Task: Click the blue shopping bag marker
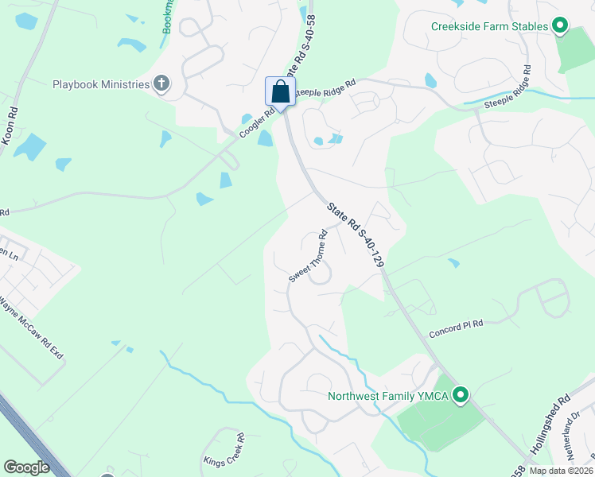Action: tap(280, 91)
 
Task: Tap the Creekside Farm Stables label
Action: tap(489, 26)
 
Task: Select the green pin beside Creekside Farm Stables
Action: tap(559, 27)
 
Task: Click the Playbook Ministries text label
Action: tap(101, 85)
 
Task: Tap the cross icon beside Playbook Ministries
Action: tap(161, 84)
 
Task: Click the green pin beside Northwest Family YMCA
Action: tap(460, 394)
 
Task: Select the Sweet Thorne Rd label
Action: tap(309, 256)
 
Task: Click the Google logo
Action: tap(26, 467)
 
